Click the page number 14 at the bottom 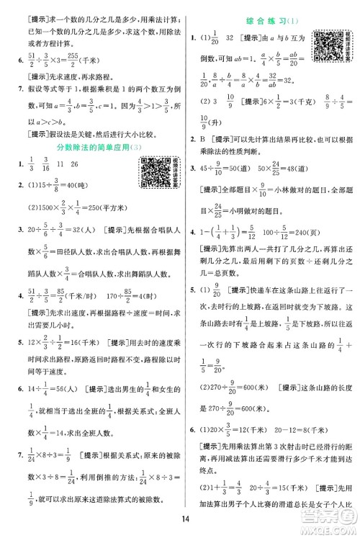(180, 520)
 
